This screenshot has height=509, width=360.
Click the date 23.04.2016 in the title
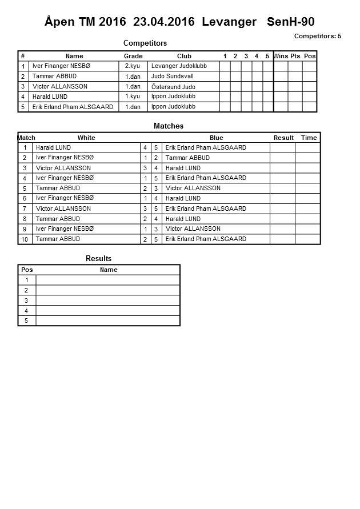point(163,22)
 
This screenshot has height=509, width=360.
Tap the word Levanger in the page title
point(229,22)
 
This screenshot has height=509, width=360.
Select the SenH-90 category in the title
point(290,22)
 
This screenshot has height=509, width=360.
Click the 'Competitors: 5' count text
point(317,36)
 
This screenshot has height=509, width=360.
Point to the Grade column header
point(133,56)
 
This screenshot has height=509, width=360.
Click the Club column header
point(184,56)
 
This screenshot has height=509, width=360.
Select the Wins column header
point(281,56)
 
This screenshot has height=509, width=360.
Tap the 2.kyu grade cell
point(133,66)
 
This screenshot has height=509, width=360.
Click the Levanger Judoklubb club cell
point(179,66)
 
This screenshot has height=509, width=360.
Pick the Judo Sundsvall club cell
point(173,76)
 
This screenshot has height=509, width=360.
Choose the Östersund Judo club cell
point(173,87)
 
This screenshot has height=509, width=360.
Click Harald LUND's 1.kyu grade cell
point(133,97)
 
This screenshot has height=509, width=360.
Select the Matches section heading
point(169,126)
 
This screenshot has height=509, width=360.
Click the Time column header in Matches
point(309,138)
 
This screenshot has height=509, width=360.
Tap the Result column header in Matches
point(283,138)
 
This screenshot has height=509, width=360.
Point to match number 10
point(25,239)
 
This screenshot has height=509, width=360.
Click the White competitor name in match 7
point(63,209)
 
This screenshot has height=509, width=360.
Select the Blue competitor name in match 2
point(187,158)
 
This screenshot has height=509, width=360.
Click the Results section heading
point(98,259)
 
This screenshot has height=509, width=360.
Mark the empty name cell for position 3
point(108,300)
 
